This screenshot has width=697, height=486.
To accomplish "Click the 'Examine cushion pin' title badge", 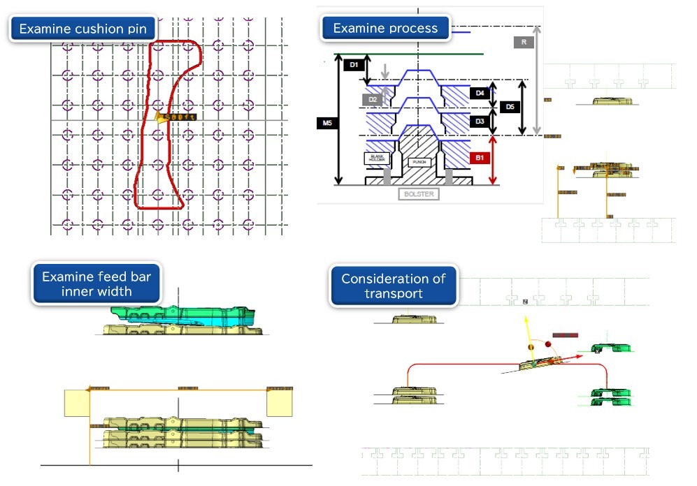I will pos(82,29).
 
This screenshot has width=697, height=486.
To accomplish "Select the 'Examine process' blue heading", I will pos(385,29).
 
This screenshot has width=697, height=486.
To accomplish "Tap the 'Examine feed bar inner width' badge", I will pos(96,283).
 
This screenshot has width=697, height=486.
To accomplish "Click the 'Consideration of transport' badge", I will pos(393,286).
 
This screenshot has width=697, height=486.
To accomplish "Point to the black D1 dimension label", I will pos(354,65).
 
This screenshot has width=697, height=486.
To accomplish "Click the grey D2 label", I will pos(373,100).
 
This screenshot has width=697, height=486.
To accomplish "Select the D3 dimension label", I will pos(480,121).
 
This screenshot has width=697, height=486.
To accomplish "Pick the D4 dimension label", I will pos(480,93).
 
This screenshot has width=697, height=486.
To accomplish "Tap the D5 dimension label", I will pos(510,107).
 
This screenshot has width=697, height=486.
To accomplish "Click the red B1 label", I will pos(480,159).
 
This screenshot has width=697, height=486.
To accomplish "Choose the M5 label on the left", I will pos(326,124).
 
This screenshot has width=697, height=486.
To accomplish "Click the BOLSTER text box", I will pos(419,193).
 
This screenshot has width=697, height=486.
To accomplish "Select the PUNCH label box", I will pos(419,162).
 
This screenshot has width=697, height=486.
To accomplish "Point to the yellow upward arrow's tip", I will pos(525,316).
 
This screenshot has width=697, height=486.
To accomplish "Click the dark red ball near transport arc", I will pos(547,344).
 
